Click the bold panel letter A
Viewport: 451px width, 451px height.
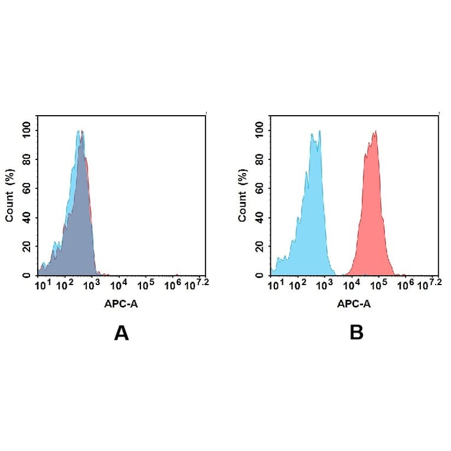pos(121,334)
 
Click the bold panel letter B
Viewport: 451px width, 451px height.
pos(356,333)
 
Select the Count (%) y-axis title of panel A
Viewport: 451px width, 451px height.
pos(9,196)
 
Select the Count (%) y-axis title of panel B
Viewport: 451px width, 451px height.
pos(243,196)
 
